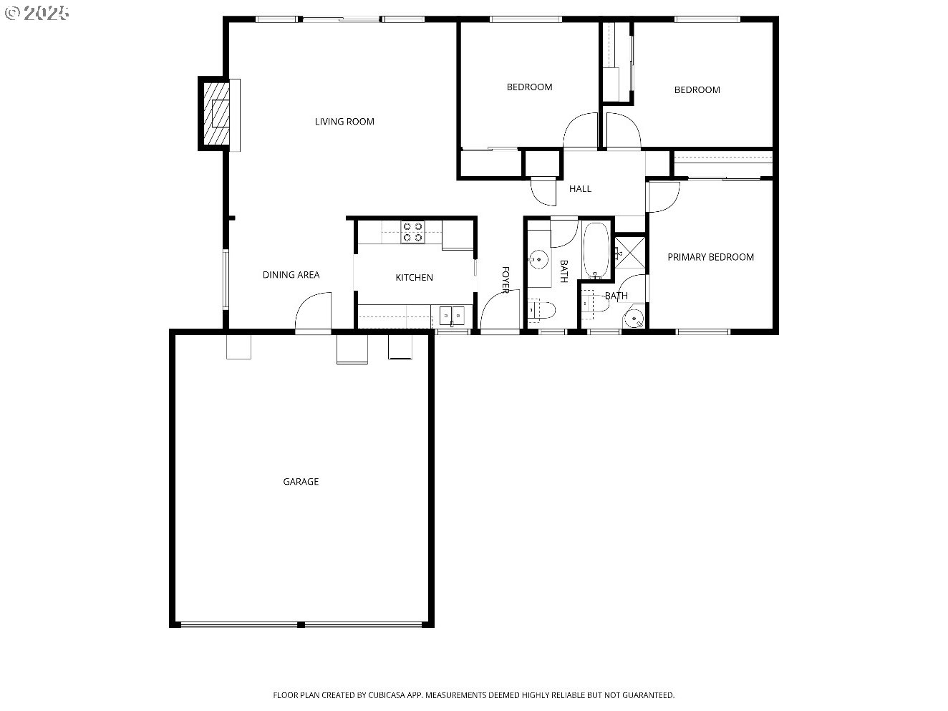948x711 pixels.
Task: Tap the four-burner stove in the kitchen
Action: [x=412, y=231]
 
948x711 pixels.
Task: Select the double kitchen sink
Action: [x=452, y=314]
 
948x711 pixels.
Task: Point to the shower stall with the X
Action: [x=631, y=251]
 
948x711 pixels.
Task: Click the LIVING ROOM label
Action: [x=344, y=122]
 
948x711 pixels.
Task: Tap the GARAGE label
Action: [x=301, y=482]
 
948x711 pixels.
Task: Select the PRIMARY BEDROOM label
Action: [x=710, y=257]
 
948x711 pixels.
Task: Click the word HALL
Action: [x=580, y=189]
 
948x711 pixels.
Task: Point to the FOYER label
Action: [x=505, y=280]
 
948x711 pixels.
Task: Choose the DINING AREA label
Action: [x=291, y=275]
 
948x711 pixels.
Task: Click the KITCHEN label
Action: [x=414, y=278]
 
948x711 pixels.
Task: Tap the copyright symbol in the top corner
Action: [x=11, y=12]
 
